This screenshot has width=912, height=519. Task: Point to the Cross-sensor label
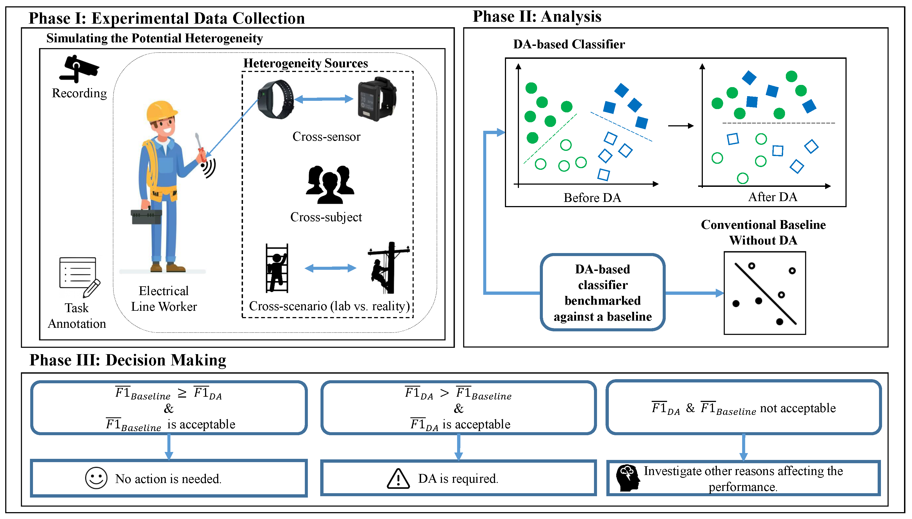pyautogui.click(x=326, y=137)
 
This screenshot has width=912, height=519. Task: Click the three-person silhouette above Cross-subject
pyautogui.click(x=330, y=184)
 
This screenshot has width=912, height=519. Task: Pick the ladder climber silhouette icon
pyautogui.click(x=277, y=268)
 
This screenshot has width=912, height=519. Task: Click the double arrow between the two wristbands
pyautogui.click(x=324, y=99)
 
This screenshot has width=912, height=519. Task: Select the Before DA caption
pyautogui.click(x=592, y=198)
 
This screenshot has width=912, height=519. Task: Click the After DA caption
pyautogui.click(x=772, y=197)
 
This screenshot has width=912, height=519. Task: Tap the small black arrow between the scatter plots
pyautogui.click(x=680, y=126)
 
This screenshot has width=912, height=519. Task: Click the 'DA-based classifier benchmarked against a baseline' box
pyautogui.click(x=602, y=293)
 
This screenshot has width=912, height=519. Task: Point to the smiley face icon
pyautogui.click(x=96, y=478)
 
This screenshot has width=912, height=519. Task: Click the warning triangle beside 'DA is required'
pyautogui.click(x=398, y=478)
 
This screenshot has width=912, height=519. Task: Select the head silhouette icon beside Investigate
pyautogui.click(x=628, y=478)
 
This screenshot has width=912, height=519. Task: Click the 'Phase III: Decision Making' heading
pyautogui.click(x=128, y=360)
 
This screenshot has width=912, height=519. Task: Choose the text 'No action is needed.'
pyautogui.click(x=168, y=479)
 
